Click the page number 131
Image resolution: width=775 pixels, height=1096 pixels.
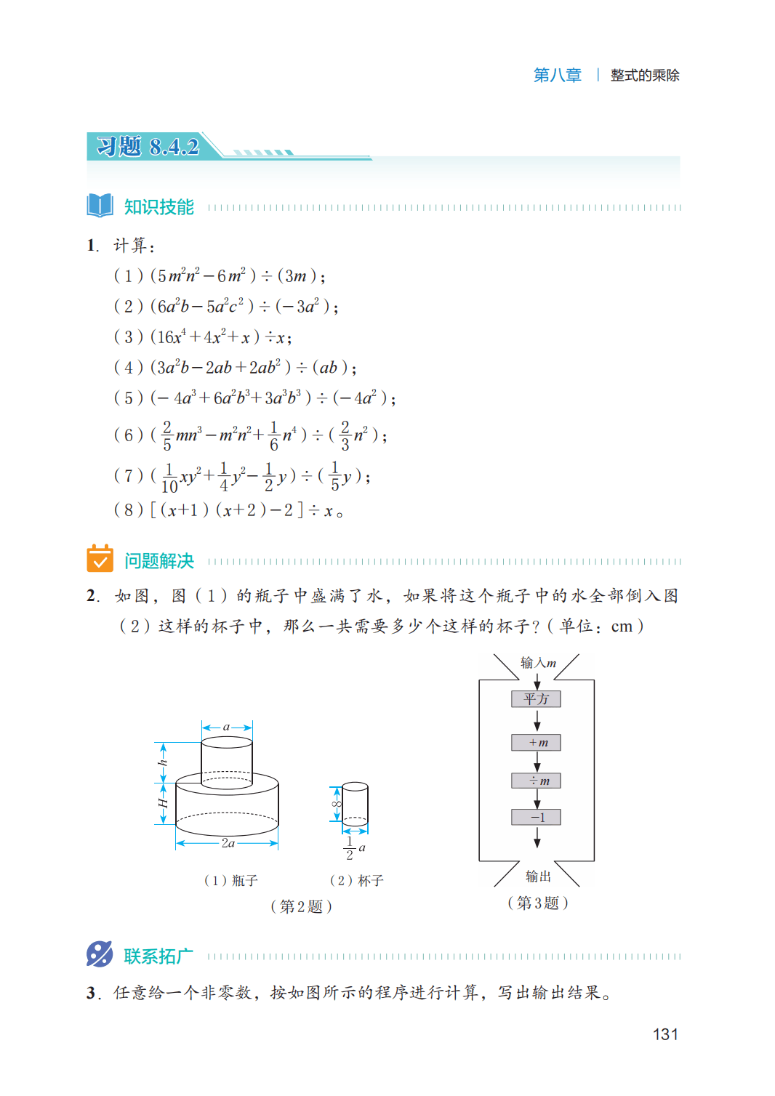point(665,1034)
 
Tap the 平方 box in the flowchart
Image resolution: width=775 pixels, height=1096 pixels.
point(537,699)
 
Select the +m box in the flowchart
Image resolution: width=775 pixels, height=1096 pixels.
point(537,743)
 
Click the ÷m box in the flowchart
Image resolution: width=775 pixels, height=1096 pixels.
point(537,781)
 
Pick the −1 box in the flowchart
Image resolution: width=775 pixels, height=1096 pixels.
point(537,818)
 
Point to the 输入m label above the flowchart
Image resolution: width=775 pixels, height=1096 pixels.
point(538,663)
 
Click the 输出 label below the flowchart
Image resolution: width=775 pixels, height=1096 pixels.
point(538,876)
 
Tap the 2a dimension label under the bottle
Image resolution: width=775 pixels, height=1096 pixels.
point(228,843)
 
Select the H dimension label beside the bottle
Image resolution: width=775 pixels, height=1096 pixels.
point(163,803)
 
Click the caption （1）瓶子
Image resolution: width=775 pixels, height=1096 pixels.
point(231,881)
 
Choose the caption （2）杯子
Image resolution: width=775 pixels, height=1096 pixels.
point(356,881)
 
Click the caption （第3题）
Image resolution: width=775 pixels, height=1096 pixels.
point(538,903)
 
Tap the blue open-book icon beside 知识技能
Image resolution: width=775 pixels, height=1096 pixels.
point(100,206)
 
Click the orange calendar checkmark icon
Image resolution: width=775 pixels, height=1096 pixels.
point(100,559)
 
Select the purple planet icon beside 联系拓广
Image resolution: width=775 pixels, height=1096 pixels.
point(100,954)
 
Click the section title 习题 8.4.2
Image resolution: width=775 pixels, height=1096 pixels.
point(148,147)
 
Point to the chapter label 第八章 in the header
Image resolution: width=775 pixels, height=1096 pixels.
point(558,75)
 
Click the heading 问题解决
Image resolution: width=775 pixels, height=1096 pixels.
point(159,561)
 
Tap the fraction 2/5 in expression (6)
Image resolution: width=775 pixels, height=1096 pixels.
point(167,435)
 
